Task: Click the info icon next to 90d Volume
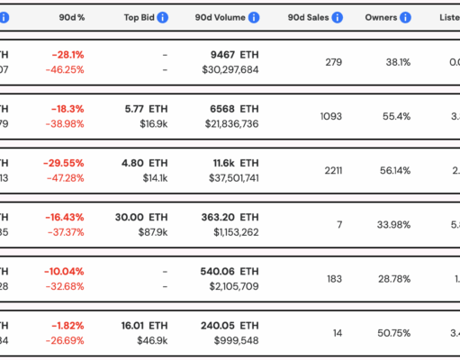point(253,17)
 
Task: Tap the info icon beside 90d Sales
point(337,17)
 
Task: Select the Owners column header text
point(381,17)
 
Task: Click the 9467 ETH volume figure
point(233,53)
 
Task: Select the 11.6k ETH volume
point(237,163)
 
